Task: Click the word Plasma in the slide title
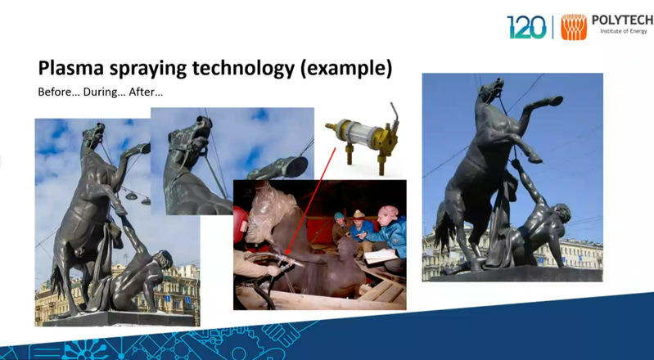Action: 70,68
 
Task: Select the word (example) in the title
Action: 346,69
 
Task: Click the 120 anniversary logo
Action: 526,27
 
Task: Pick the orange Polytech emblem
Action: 574,27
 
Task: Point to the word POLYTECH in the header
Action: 623,20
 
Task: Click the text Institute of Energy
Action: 623,31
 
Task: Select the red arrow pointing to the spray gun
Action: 311,200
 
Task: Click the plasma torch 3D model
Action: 362,137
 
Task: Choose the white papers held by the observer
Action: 381,256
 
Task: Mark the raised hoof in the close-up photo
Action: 295,167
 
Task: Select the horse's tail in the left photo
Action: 57,281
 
